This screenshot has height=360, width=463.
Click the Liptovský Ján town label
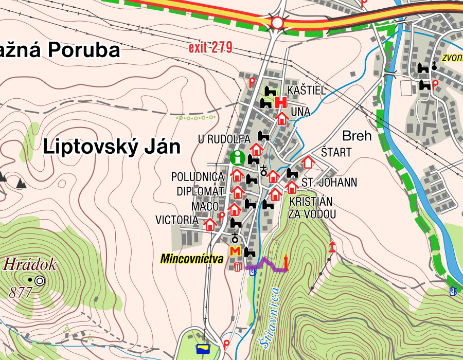click(x=112, y=147)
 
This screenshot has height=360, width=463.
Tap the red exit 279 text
click(x=210, y=49)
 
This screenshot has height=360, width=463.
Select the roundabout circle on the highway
click(x=277, y=23)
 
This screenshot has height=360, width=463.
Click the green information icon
click(x=237, y=157)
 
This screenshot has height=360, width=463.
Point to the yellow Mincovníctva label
click(x=191, y=259)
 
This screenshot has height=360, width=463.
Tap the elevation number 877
click(x=21, y=293)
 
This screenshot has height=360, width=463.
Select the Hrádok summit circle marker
click(x=40, y=281)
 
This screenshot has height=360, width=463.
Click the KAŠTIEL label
click(x=307, y=91)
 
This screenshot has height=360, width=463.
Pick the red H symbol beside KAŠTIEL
click(x=280, y=102)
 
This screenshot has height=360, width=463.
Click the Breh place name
click(x=357, y=136)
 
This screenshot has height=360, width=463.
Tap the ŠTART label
click(x=336, y=152)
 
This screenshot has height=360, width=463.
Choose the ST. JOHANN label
click(x=329, y=183)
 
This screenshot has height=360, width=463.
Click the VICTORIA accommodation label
click(x=176, y=220)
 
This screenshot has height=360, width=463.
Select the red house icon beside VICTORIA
click(x=210, y=224)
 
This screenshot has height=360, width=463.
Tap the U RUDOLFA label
click(x=224, y=139)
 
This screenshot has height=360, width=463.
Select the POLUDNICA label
click(x=198, y=177)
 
